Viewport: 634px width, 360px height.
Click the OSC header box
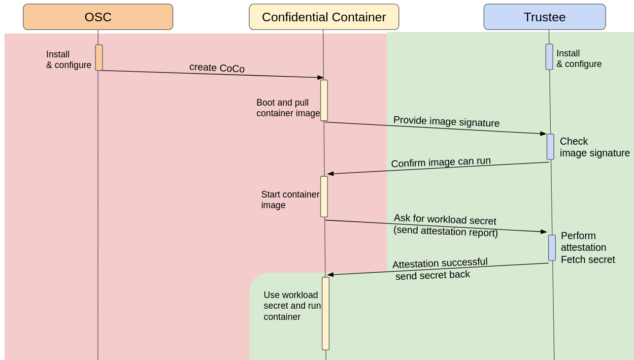pos(98,17)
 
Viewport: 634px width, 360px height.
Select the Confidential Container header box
pos(324,17)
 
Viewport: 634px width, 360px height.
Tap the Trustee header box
pos(544,17)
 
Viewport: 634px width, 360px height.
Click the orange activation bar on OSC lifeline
pos(99,57)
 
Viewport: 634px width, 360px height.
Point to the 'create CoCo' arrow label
pos(217,68)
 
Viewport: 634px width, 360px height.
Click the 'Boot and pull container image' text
pos(288,108)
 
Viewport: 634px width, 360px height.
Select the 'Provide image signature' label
pos(446,122)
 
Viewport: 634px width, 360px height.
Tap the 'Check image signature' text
pos(594,147)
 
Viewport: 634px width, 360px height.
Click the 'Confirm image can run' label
pos(441,162)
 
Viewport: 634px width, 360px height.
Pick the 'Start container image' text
pos(290,200)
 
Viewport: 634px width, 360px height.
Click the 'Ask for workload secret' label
pos(445,219)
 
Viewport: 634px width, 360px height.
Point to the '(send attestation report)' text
pos(445,231)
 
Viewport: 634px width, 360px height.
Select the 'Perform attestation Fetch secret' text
pos(587,248)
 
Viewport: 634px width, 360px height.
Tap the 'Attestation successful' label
pos(440,263)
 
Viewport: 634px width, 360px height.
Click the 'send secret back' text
pos(432,275)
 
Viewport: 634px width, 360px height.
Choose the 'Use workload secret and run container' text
pos(292,306)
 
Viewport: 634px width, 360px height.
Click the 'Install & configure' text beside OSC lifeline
pos(69,59)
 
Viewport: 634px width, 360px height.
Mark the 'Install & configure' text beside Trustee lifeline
pos(579,58)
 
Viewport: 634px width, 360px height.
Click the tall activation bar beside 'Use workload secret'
pos(325,313)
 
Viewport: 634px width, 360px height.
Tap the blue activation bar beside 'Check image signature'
pos(550,147)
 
